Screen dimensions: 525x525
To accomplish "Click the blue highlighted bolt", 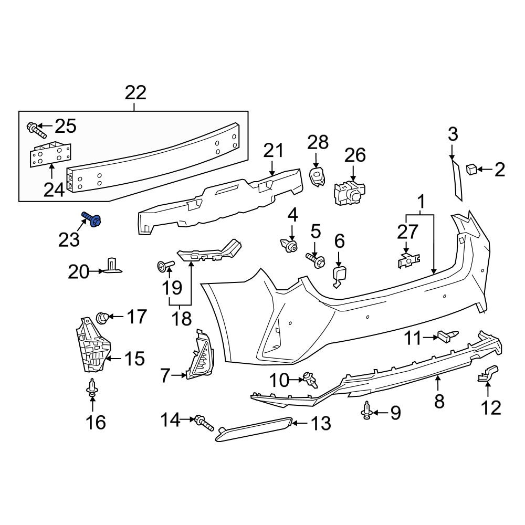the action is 91,219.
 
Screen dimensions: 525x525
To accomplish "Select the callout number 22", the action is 135,93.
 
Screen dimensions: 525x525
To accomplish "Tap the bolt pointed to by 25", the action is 36,130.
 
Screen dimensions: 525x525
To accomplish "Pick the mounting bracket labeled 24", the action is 51,154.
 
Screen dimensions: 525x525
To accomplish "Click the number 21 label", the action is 274,150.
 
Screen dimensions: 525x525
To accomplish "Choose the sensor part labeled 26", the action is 350,192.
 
